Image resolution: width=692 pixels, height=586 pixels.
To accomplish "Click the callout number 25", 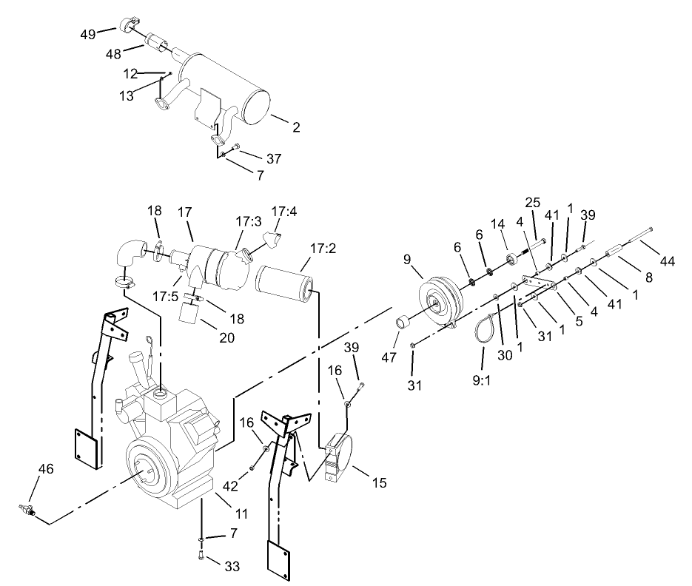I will pyautogui.click(x=533, y=202).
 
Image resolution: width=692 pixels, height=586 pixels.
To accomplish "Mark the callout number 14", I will pyautogui.click(x=498, y=223).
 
